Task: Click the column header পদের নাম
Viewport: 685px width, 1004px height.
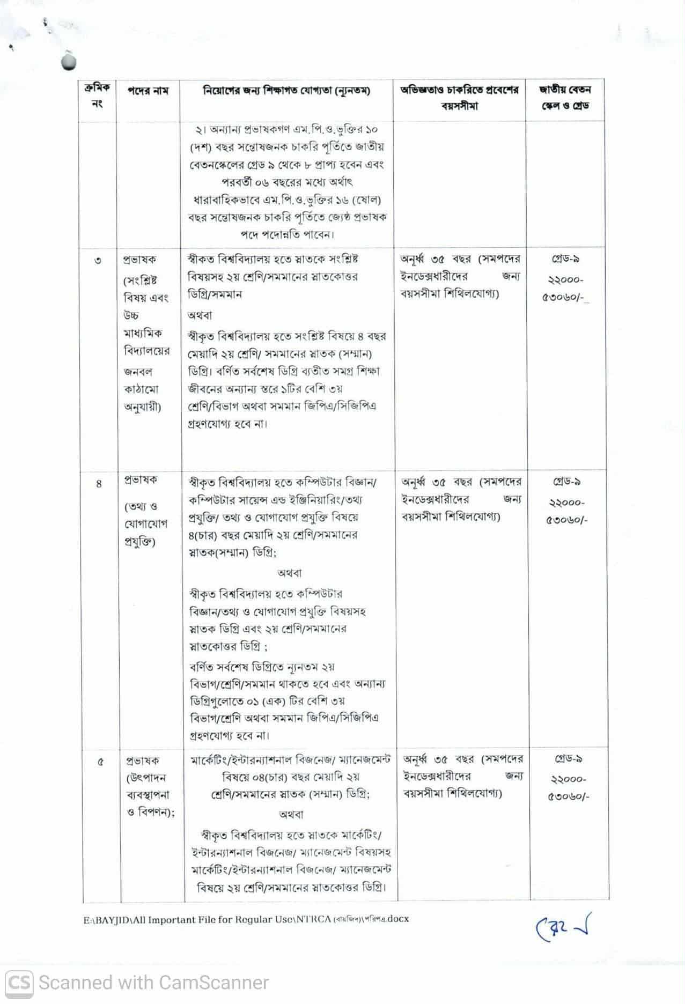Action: coord(148,91)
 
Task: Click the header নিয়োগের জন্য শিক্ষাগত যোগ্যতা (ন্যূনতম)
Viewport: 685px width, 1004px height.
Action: coord(286,91)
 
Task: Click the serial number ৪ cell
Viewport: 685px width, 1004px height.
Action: coord(99,484)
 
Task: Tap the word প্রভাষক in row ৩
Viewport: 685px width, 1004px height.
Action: coord(139,260)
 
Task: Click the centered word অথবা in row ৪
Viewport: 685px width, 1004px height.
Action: coord(290,573)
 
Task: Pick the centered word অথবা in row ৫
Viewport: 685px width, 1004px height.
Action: coord(291,814)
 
